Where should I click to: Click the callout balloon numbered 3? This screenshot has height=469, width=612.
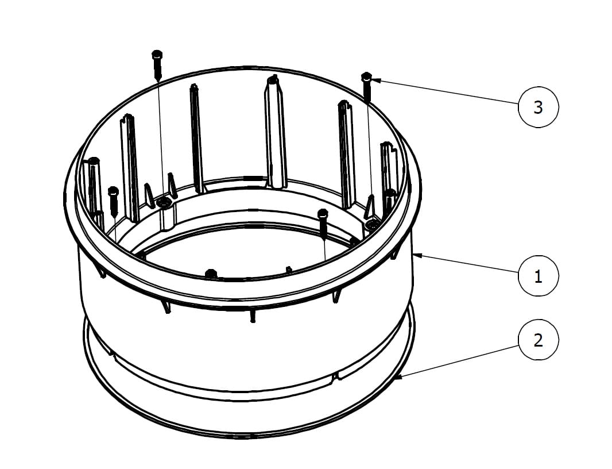(539, 107)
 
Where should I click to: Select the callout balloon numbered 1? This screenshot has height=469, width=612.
(539, 276)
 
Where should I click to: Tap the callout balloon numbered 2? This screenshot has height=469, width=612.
(539, 340)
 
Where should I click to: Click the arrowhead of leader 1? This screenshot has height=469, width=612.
(416, 256)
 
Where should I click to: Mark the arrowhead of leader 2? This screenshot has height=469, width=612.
(398, 377)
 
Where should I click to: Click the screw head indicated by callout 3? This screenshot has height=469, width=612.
(366, 76)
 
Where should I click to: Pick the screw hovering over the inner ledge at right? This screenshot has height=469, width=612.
(323, 224)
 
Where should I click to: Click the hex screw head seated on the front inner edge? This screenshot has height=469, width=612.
(211, 274)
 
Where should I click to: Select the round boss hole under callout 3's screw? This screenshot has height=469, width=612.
(373, 224)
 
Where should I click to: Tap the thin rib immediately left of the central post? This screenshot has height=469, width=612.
(196, 139)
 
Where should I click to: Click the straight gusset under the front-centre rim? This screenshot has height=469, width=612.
(253, 315)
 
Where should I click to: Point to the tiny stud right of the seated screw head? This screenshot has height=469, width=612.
(288, 270)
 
